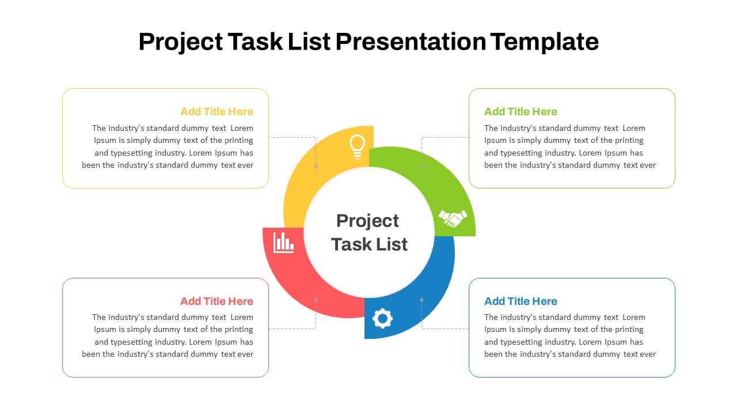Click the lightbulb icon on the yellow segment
coord(357,147)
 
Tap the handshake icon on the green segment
coord(453,218)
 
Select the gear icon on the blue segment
coord(382,319)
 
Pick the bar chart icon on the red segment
coord(283,243)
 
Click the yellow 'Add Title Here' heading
coord(217,112)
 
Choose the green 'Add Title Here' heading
coord(521,112)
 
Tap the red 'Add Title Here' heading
coord(217,301)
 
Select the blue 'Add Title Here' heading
coord(521,301)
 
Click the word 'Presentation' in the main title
coord(411,42)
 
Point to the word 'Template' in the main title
coord(545,42)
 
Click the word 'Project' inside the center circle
coord(367,221)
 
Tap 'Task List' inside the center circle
coord(369,244)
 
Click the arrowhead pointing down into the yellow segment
coord(316,167)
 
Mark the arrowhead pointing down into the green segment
coord(422,167)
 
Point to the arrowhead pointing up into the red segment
coord(316,299)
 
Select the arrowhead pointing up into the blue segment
coord(422,299)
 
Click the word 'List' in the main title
coord(309,42)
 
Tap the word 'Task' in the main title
coord(255,42)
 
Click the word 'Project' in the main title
coord(181,42)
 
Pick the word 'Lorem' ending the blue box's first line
coord(634,317)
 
